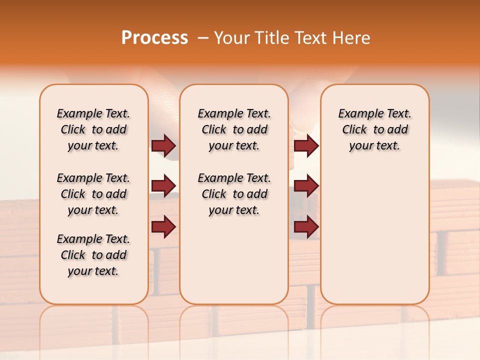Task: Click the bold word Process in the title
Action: tap(154, 38)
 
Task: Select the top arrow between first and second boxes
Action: tap(163, 145)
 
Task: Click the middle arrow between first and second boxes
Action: tap(163, 186)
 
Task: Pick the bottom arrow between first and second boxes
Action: tap(163, 226)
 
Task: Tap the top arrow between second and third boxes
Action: tap(306, 145)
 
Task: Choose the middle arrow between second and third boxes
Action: tap(306, 186)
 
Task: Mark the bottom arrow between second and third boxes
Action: tap(306, 226)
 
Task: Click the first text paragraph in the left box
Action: tap(93, 129)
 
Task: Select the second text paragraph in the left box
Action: tap(93, 194)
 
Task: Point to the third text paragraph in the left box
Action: tap(93, 255)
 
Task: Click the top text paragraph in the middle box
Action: tap(234, 129)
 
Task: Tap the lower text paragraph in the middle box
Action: tap(234, 194)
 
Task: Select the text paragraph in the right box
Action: tap(374, 129)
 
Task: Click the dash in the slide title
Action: tap(203, 38)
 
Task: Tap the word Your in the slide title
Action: tap(232, 38)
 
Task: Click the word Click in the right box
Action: tap(354, 130)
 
